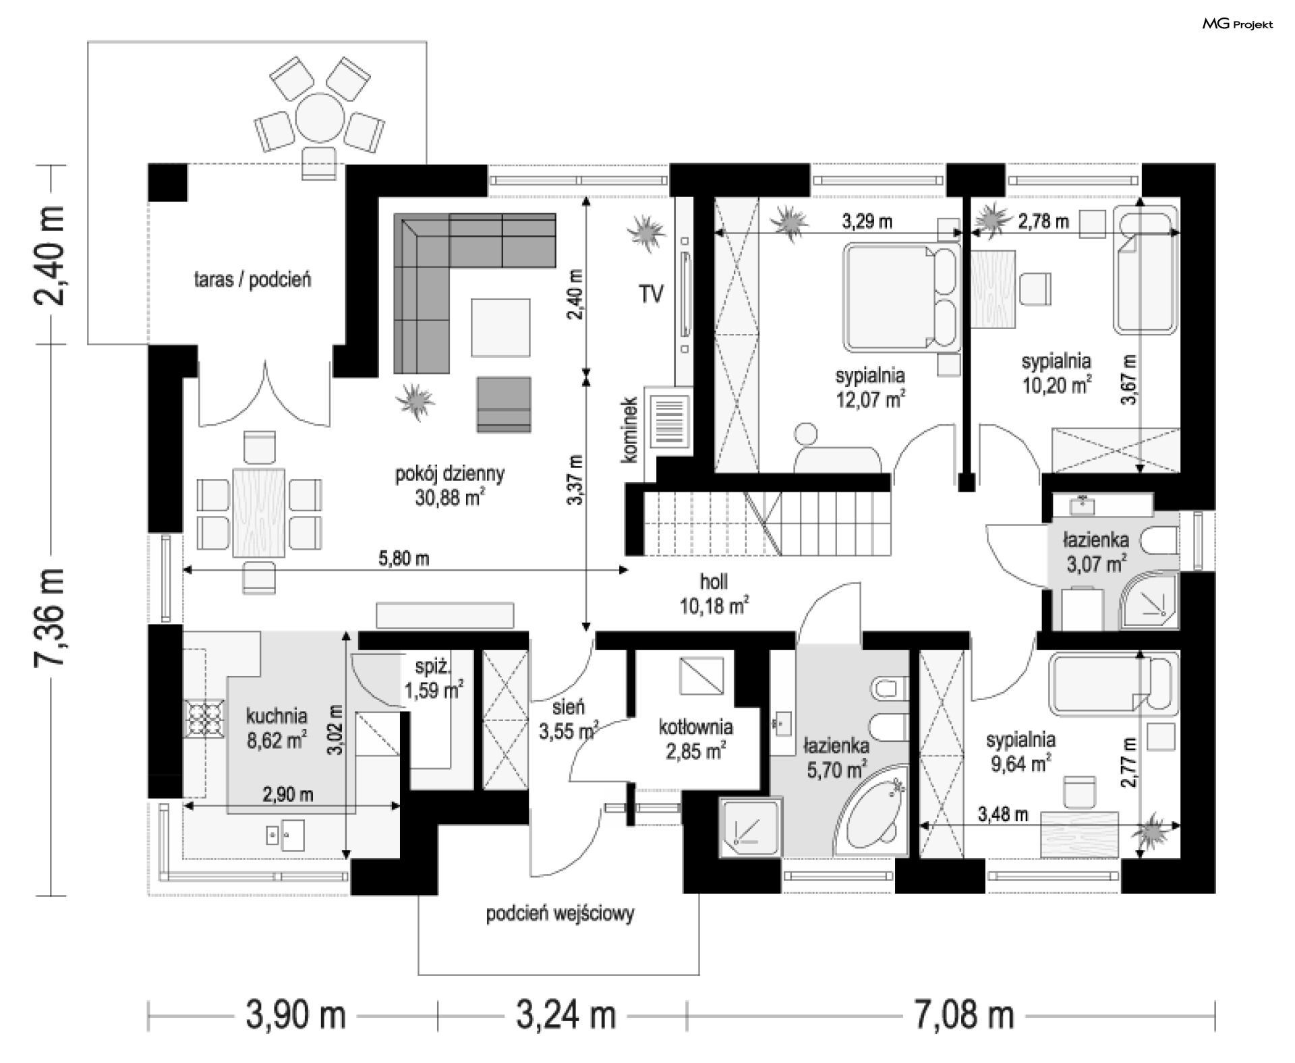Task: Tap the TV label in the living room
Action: click(x=651, y=294)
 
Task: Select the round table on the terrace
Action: click(x=319, y=117)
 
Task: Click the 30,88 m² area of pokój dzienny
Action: click(x=450, y=498)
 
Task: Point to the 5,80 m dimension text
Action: click(x=403, y=558)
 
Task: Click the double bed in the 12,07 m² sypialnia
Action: click(x=902, y=297)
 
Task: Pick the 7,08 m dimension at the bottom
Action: click(x=964, y=1014)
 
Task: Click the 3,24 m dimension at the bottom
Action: click(x=566, y=1014)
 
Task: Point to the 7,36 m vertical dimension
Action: click(x=50, y=618)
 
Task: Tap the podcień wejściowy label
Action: click(x=560, y=914)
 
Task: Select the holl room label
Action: click(x=714, y=581)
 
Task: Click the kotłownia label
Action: click(x=695, y=727)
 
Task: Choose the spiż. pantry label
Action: click(x=432, y=667)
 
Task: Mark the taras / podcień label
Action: click(x=252, y=279)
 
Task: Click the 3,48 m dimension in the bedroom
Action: click(x=1003, y=814)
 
